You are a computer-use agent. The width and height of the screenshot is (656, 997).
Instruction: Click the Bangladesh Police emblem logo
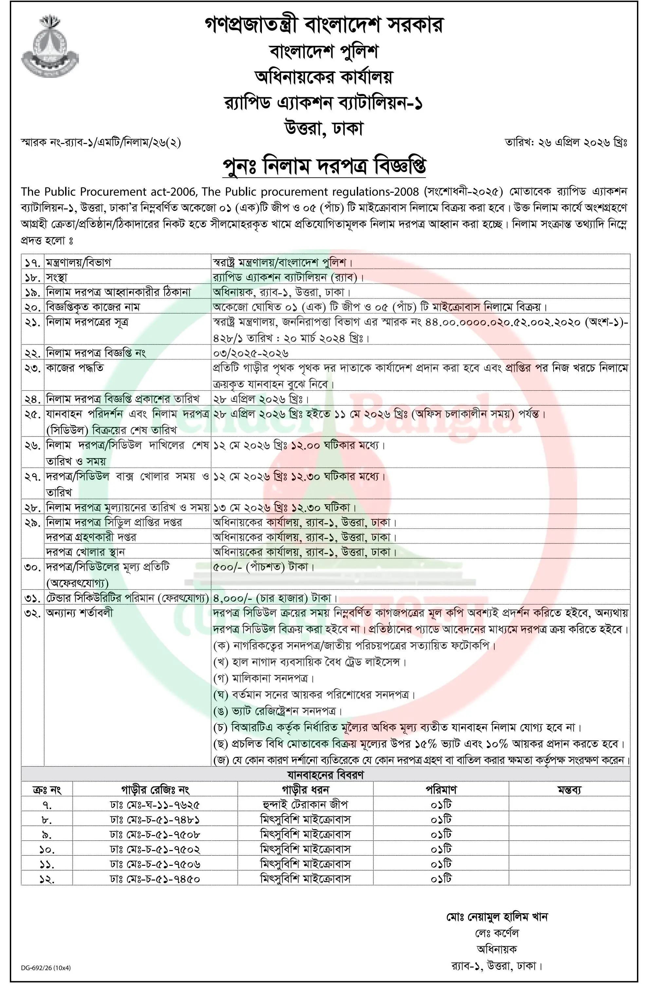click(49, 45)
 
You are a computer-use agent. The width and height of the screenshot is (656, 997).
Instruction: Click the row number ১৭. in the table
click(32, 263)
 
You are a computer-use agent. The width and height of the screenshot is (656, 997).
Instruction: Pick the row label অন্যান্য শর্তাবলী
click(79, 613)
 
